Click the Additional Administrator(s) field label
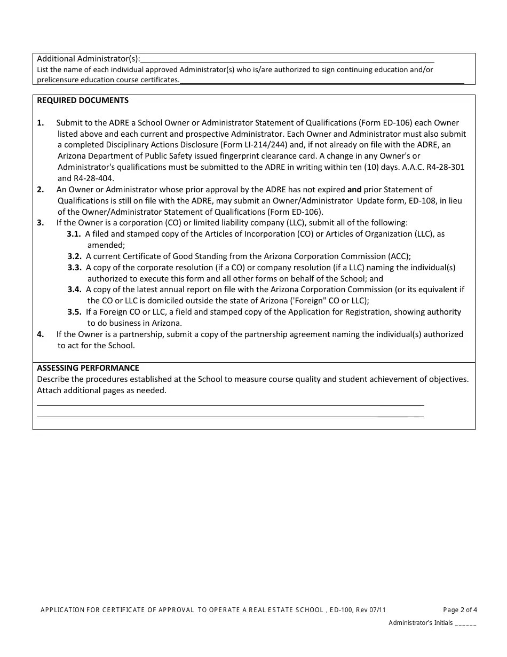(89, 58)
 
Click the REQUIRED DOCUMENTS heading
(82, 100)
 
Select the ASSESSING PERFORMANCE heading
(88, 367)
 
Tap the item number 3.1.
(74, 234)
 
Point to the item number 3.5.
(74, 312)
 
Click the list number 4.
(41, 334)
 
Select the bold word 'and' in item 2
(354, 190)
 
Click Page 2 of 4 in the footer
(460, 610)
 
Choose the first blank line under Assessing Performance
(230, 404)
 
